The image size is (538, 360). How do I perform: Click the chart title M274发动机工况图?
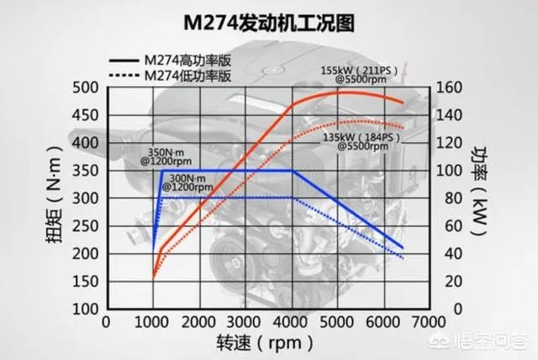click(x=269, y=22)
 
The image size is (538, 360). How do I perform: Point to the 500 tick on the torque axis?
click(x=85, y=87)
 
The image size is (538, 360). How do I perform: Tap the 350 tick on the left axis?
click(x=85, y=171)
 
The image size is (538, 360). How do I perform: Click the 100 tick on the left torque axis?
click(x=85, y=309)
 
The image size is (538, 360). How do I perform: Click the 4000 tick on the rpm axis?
click(x=292, y=322)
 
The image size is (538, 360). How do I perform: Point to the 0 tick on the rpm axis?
click(x=105, y=322)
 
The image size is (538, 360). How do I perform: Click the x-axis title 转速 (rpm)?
click(x=265, y=343)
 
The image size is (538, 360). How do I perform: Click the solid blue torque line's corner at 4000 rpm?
click(x=293, y=171)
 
